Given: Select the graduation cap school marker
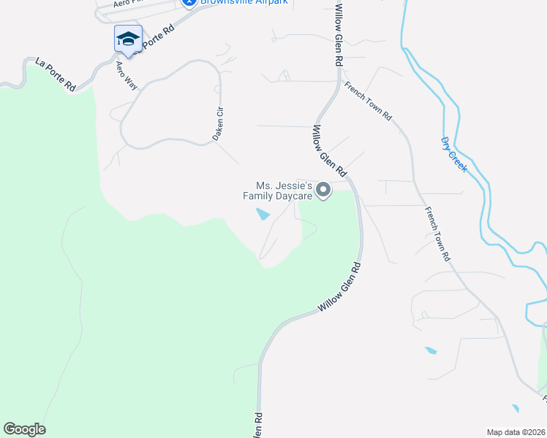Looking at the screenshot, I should click(x=128, y=39).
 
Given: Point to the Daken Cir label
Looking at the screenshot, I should click(x=217, y=125).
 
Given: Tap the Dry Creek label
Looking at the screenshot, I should click(x=454, y=154).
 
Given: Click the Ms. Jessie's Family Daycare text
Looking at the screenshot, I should click(x=284, y=191).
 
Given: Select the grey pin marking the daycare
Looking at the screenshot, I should click(x=324, y=191).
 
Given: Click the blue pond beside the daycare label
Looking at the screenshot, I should click(x=262, y=215).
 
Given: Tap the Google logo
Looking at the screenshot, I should click(x=24, y=429).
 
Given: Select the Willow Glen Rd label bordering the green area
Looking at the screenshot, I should click(x=340, y=289).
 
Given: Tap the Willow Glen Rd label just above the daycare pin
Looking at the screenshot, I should click(x=329, y=151).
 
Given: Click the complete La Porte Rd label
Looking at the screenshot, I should click(x=56, y=74).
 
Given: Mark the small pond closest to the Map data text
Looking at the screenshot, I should click(x=516, y=408).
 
